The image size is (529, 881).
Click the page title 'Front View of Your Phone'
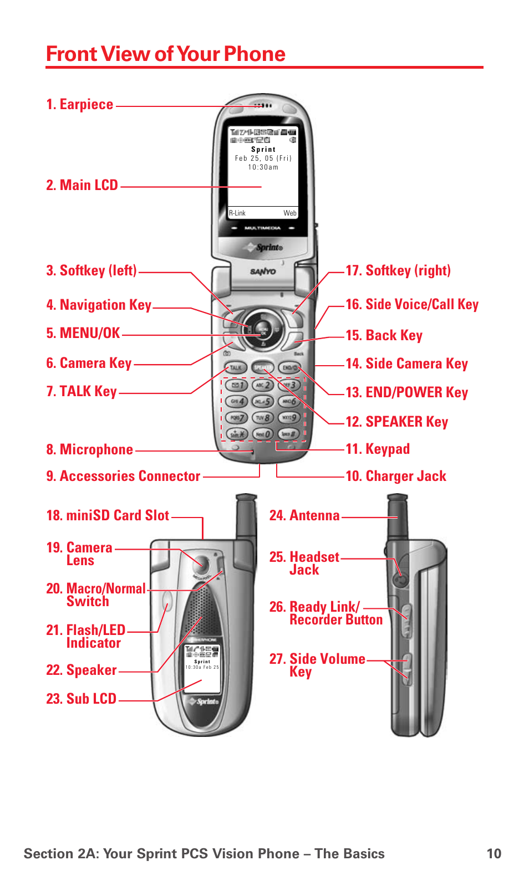[165, 54]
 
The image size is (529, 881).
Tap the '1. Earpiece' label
[80, 105]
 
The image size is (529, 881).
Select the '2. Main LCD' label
[82, 185]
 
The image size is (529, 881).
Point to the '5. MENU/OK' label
[83, 333]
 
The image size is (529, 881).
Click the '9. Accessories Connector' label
[123, 477]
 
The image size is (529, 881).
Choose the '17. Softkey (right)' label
[398, 271]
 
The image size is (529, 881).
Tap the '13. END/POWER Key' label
[406, 393]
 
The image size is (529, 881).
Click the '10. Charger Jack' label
[395, 477]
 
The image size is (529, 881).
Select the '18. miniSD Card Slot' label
[108, 516]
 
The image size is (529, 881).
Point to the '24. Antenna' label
[304, 516]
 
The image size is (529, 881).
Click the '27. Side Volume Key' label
[317, 665]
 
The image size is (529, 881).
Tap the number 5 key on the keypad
[262, 401]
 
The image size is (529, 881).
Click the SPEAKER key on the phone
[262, 367]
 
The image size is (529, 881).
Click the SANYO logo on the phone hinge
[263, 272]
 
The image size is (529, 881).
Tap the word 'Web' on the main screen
[290, 213]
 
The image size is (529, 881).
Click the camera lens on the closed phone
[200, 565]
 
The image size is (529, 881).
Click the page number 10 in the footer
[494, 854]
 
